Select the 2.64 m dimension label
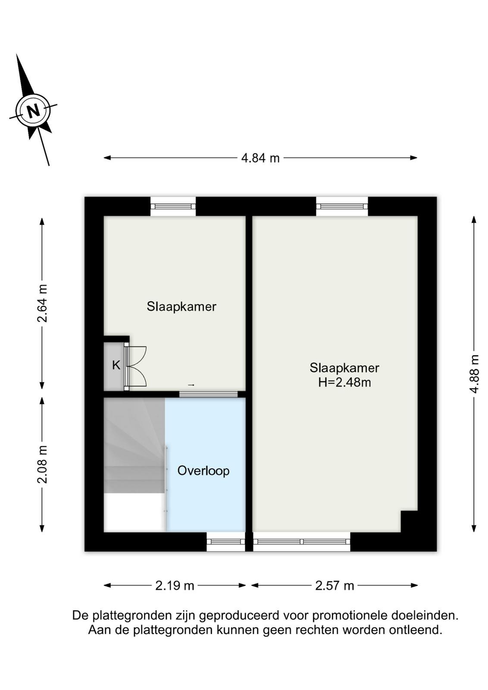click(42, 303)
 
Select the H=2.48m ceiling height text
click(344, 383)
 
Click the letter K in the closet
click(116, 365)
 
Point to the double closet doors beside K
click(136, 366)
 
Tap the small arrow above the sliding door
click(191, 385)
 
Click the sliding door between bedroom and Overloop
click(209, 394)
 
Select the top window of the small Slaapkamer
click(173, 206)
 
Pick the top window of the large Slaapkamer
click(342, 206)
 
